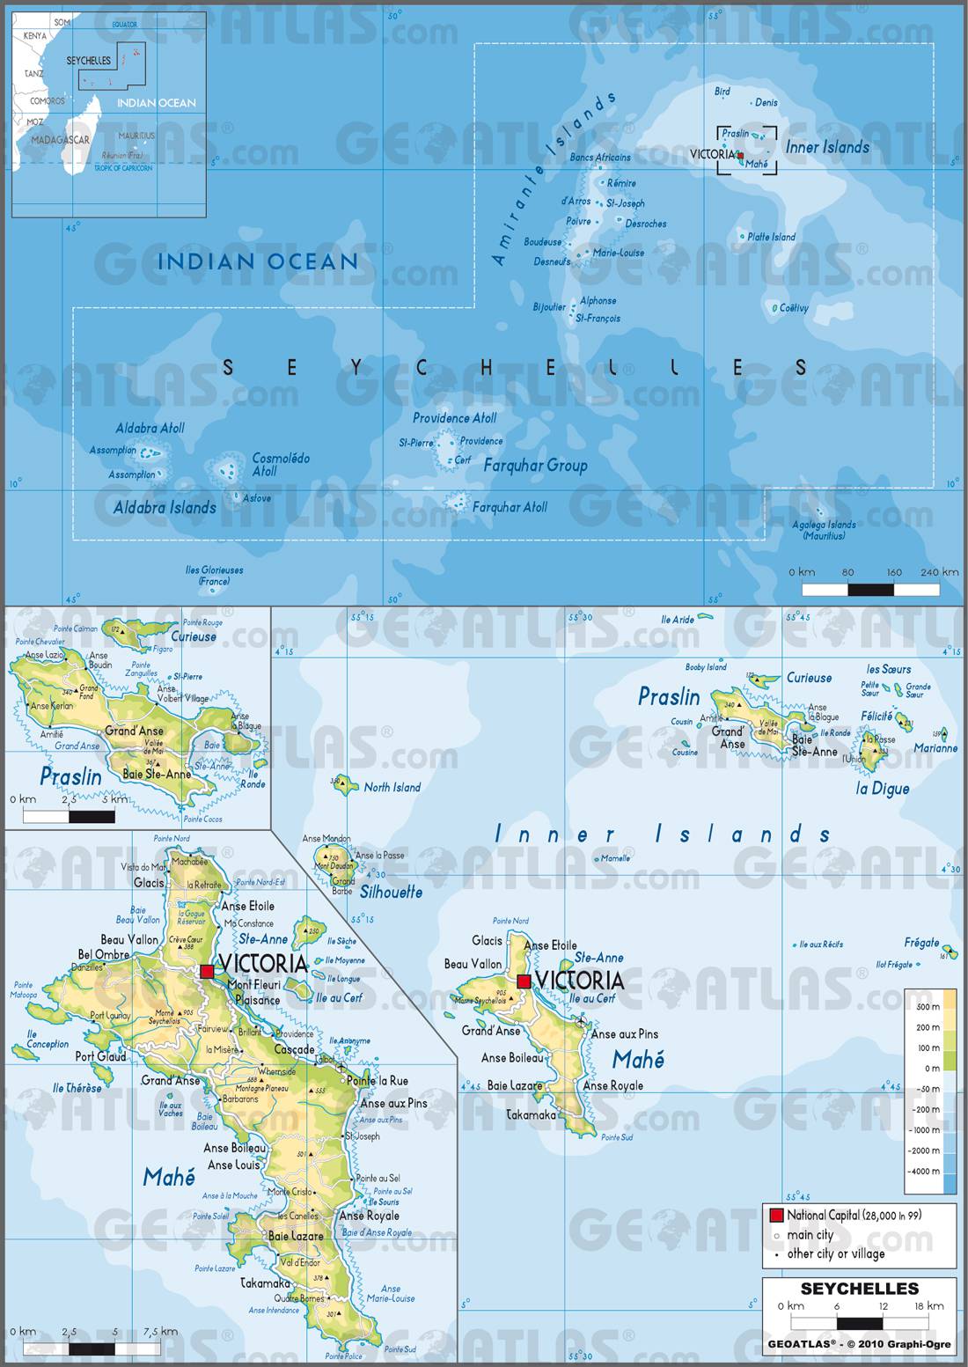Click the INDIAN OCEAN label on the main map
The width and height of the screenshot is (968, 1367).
(257, 261)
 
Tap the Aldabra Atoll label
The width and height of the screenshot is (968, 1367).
(150, 428)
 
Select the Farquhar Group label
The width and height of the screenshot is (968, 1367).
(535, 466)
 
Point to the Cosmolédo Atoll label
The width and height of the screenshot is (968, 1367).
(281, 464)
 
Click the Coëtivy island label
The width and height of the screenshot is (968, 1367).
(794, 308)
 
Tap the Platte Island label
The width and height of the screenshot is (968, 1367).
(771, 237)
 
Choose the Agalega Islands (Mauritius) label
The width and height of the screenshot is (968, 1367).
(824, 530)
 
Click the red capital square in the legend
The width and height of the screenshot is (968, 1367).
(776, 1216)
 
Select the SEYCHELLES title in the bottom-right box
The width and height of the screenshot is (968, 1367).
(860, 1289)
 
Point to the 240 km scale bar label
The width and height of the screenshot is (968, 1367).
(939, 572)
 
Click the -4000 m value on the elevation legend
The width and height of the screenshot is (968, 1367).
(925, 1171)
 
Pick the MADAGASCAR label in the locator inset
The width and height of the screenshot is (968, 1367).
(60, 140)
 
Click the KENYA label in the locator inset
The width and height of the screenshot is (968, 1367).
(35, 36)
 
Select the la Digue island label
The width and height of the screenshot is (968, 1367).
(883, 789)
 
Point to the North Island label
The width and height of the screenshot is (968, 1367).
(392, 787)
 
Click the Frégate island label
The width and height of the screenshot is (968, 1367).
(921, 943)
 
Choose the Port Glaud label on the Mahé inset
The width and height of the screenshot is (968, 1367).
(100, 1057)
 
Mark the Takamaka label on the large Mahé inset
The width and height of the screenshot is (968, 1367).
(265, 1284)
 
